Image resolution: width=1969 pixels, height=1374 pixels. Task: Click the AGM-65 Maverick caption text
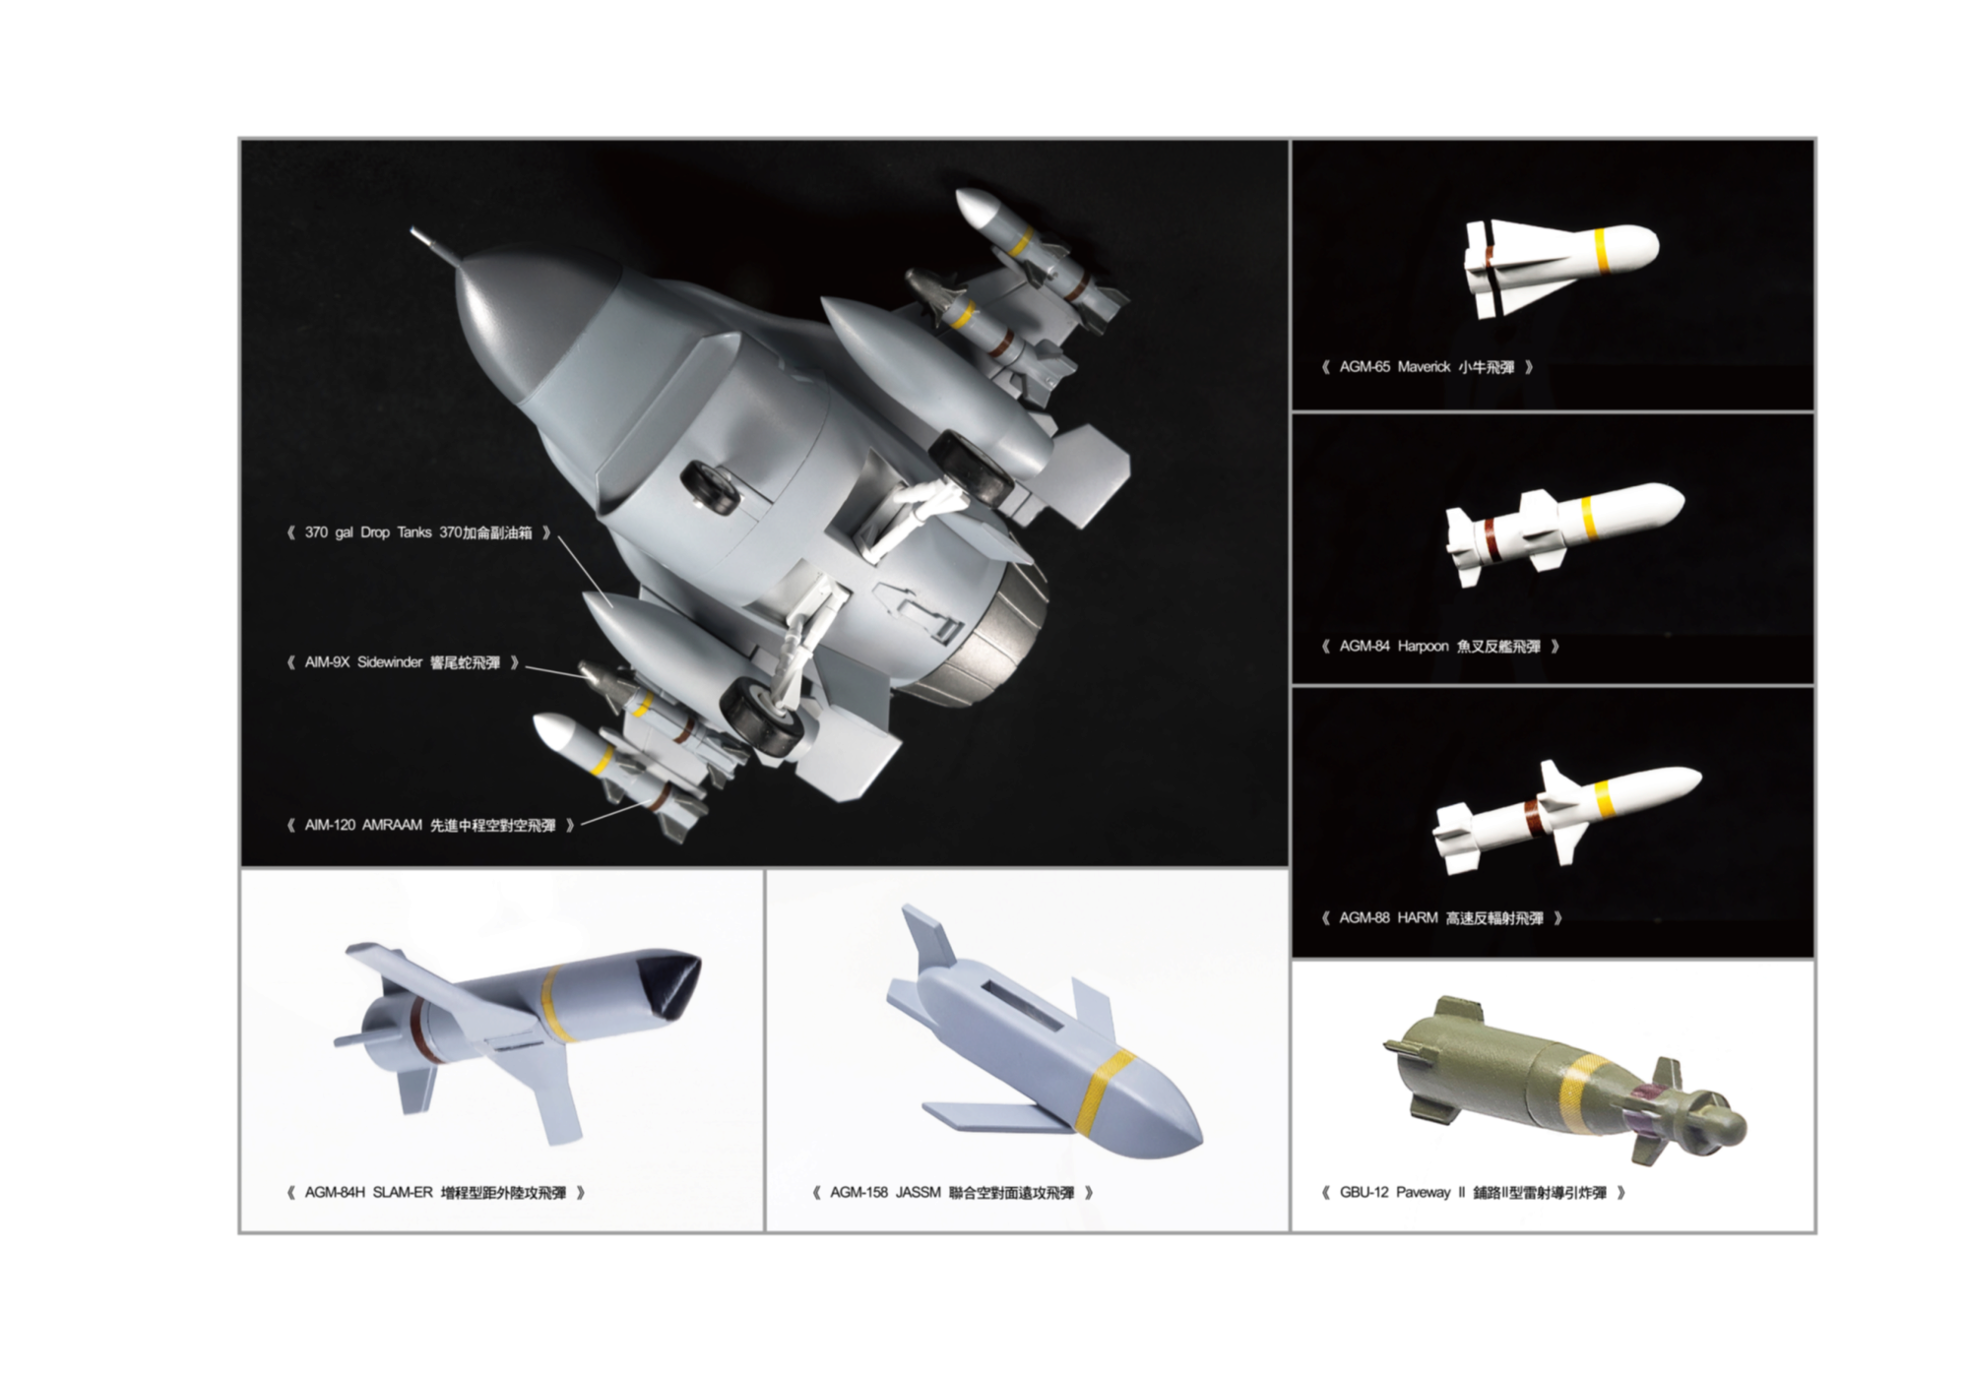1428,367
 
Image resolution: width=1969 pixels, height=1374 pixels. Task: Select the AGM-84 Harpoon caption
1440,647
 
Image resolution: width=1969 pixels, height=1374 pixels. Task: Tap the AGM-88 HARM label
1441,918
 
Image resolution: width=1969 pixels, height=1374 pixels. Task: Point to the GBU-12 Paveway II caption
1474,1193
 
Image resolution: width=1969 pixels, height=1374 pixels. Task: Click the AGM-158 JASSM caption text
952,1193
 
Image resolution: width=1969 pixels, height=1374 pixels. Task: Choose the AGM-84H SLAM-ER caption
436,1193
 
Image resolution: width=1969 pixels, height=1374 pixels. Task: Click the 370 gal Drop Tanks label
418,532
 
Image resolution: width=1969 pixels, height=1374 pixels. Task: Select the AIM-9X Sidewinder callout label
403,662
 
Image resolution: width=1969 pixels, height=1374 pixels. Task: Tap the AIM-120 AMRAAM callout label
430,825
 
